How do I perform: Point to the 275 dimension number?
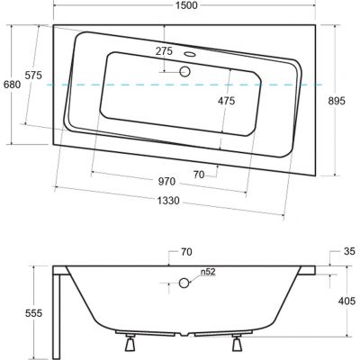[x=164, y=51]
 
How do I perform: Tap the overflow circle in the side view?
[x=184, y=283]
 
